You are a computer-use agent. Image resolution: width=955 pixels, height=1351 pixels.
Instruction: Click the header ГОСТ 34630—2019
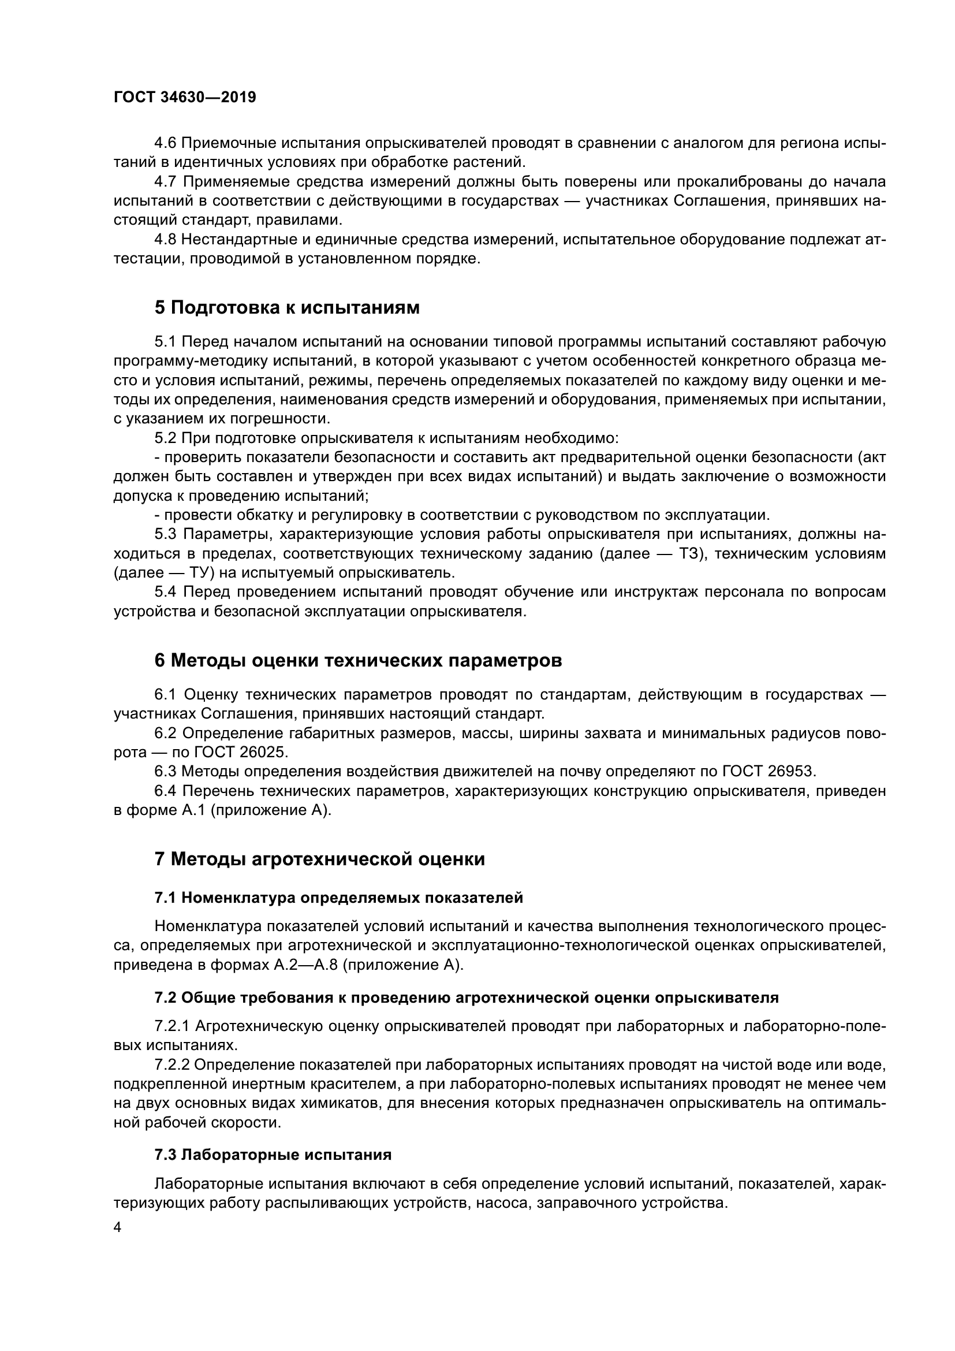coord(185,98)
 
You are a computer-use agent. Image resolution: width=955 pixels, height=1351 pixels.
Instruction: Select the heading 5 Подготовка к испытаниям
coord(287,308)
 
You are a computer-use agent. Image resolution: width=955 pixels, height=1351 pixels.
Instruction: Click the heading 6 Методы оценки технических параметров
coord(357,661)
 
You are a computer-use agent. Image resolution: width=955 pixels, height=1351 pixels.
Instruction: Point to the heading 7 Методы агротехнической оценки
coord(319,859)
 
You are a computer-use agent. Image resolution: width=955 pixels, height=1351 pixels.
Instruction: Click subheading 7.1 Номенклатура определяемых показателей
coord(339,898)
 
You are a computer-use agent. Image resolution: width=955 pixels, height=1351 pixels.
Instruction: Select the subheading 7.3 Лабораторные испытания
coord(273,1155)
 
